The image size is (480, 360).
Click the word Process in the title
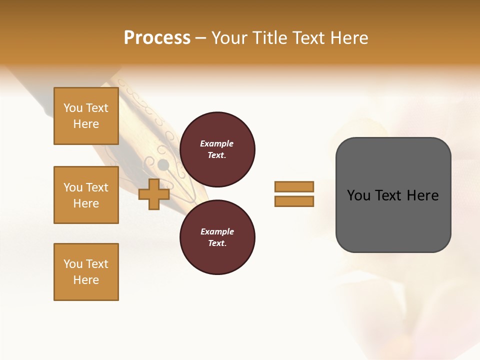point(157,38)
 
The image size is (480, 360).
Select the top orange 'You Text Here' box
point(86,116)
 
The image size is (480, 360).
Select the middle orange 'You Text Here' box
point(86,195)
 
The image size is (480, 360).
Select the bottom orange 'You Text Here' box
point(86,272)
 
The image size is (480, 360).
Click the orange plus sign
point(154,194)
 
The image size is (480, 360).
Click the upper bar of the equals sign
point(294,187)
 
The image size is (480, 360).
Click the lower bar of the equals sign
point(294,201)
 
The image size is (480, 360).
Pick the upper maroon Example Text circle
point(217,149)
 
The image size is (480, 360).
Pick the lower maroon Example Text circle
point(217,237)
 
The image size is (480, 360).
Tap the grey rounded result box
point(393,220)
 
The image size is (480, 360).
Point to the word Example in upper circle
point(216,143)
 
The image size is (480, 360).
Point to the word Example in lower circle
point(216,231)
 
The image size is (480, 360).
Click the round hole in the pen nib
point(163,164)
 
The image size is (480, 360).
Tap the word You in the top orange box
point(73,108)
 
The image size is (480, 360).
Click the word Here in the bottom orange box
point(86,280)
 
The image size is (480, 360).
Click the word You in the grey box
point(358,195)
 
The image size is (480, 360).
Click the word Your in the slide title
point(229,38)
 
